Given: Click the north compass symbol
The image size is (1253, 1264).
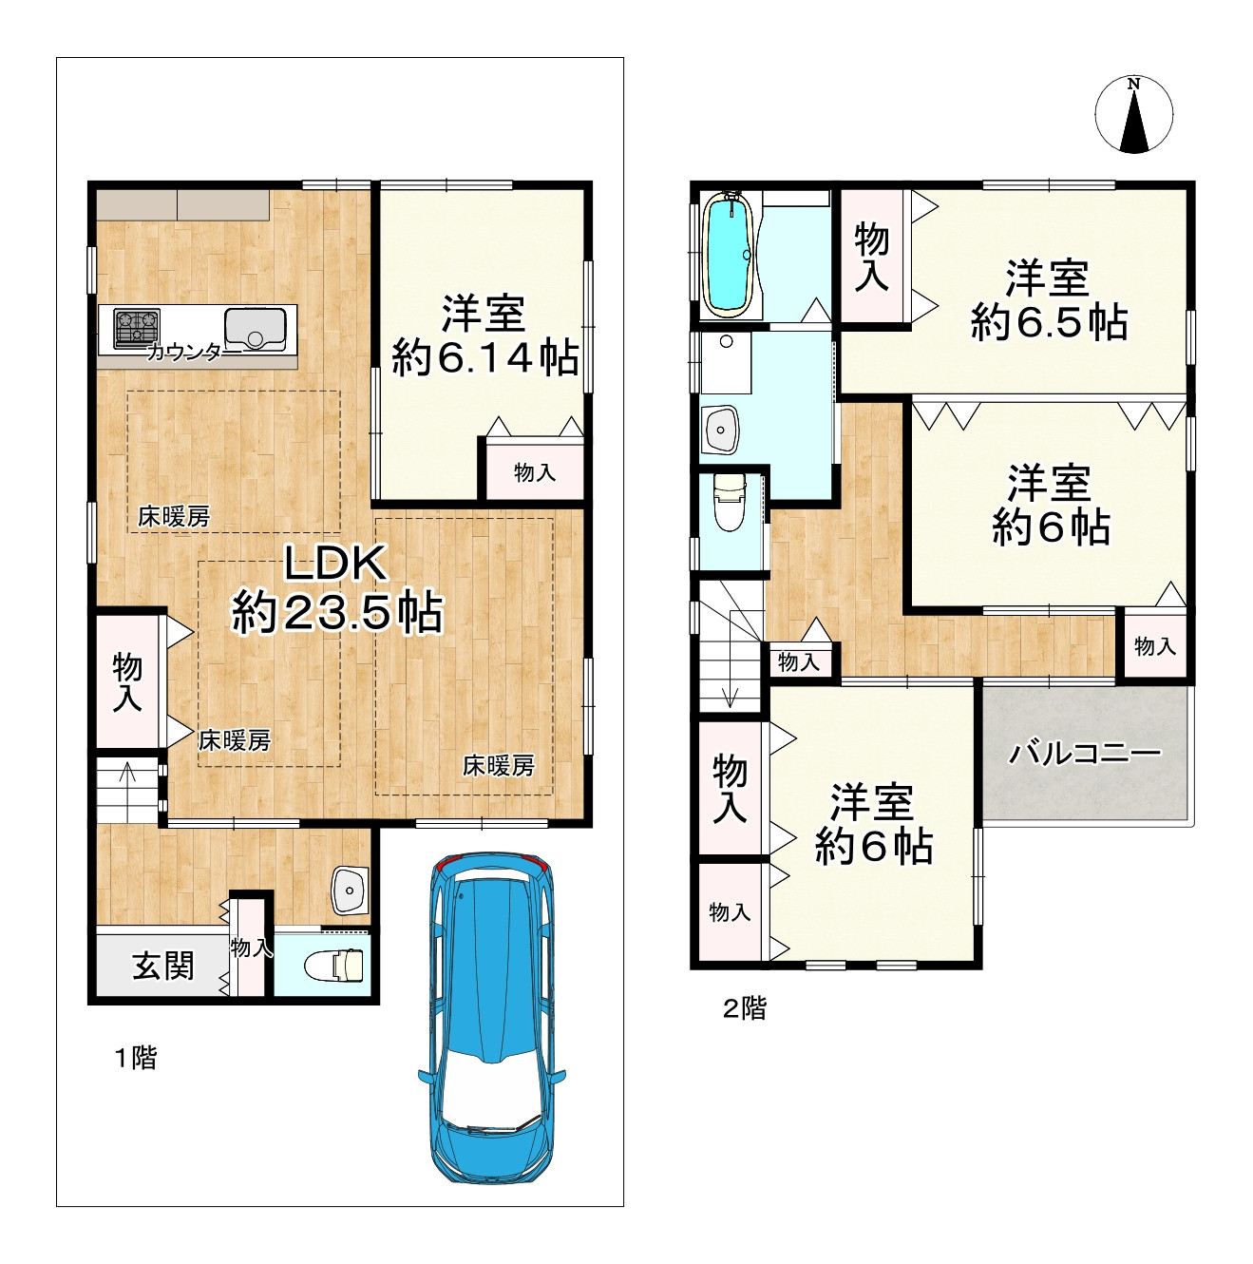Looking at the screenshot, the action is point(1133,115).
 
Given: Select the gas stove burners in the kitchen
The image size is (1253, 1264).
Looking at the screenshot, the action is point(138,327).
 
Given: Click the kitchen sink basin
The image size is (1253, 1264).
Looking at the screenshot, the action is point(255,329).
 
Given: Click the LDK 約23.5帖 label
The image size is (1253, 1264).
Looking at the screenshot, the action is point(337,589).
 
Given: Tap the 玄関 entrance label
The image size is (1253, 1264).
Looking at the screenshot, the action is point(163,966).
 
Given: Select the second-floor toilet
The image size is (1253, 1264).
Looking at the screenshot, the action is point(729,502).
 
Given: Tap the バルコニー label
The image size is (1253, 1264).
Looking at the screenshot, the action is point(1085,755).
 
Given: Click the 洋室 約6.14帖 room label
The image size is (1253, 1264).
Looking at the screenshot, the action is point(484,335).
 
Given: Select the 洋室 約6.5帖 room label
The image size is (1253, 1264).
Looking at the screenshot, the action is point(1049,299).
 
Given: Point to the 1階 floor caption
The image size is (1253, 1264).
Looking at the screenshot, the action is point(136,1058).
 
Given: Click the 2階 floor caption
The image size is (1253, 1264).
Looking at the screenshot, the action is point(744,1008).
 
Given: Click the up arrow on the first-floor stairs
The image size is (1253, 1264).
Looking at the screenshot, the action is point(127,780).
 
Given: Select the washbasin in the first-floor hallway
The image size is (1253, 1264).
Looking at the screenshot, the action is point(350,891).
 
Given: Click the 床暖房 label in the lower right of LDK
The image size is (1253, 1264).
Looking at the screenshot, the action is point(499,765).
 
